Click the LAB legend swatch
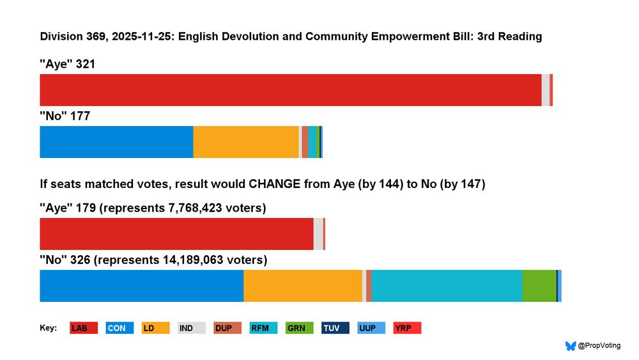[84, 328]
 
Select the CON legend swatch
[119, 328]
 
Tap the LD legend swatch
[155, 328]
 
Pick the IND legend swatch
[191, 328]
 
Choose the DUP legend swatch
[227, 328]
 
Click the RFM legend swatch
[263, 328]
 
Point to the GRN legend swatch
[299, 328]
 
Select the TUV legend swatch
[335, 328]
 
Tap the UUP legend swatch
[371, 328]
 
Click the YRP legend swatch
[407, 328]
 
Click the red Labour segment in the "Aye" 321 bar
[291, 90]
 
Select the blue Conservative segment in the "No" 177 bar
[116, 142]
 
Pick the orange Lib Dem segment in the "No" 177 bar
[246, 142]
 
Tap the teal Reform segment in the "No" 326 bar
[447, 286]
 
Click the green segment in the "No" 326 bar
[539, 286]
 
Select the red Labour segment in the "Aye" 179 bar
[176, 234]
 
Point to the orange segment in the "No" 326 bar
[303, 286]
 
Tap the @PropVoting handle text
[599, 346]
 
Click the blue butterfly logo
[571, 346]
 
